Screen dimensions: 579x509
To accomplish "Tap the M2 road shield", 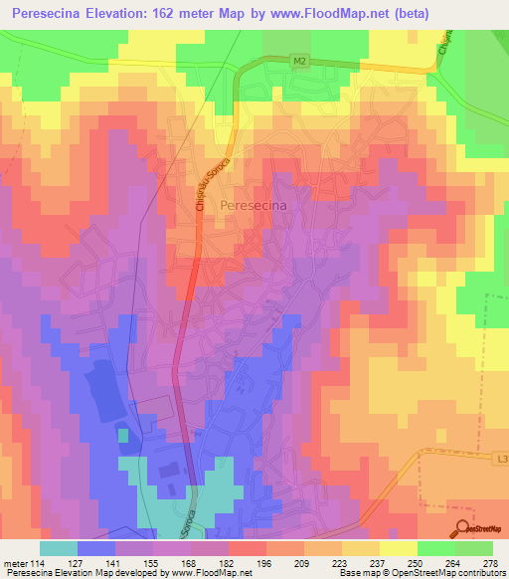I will [300, 61].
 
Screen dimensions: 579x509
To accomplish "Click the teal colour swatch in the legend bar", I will [59, 547].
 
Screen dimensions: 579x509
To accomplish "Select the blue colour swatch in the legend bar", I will [96, 547].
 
